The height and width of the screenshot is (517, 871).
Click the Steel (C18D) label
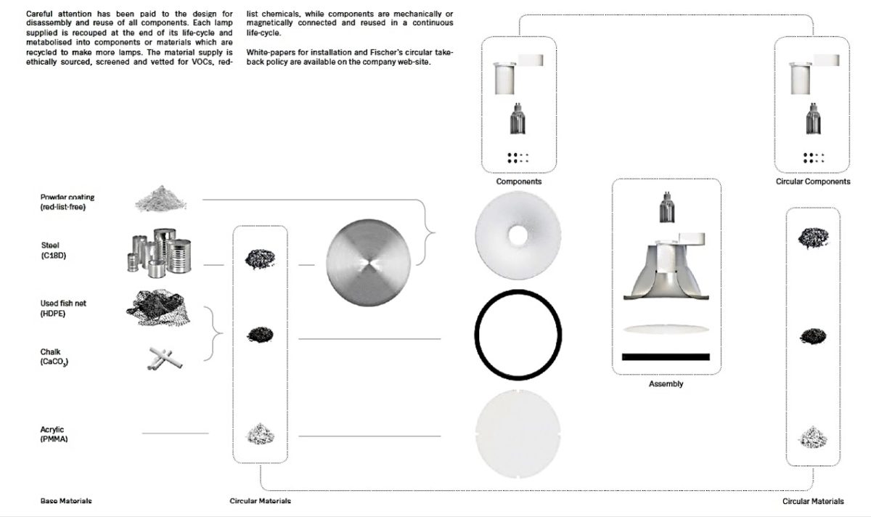tap(54, 251)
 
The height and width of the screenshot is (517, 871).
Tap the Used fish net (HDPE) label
tap(63, 308)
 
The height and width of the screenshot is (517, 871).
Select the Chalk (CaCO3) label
tap(54, 357)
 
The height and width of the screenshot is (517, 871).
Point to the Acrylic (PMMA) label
tap(54, 434)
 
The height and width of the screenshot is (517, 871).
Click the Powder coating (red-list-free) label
tap(68, 202)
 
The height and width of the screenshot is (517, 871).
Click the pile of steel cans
tap(160, 253)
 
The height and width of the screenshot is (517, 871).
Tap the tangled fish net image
tap(158, 307)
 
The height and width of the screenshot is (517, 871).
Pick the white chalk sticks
tap(165, 358)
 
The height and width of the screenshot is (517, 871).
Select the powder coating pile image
tap(160, 199)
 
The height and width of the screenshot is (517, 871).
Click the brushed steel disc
tap(368, 263)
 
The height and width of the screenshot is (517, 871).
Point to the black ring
tap(518, 291)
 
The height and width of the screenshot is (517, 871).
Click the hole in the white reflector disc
tap(518, 236)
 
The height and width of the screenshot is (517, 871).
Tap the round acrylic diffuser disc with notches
tap(518, 433)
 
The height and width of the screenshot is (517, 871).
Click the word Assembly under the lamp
tap(666, 384)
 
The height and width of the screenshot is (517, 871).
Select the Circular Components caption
tap(813, 182)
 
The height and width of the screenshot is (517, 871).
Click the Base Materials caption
tap(66, 500)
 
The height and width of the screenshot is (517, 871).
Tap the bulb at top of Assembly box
tap(667, 208)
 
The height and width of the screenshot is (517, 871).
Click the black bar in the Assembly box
tap(666, 357)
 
